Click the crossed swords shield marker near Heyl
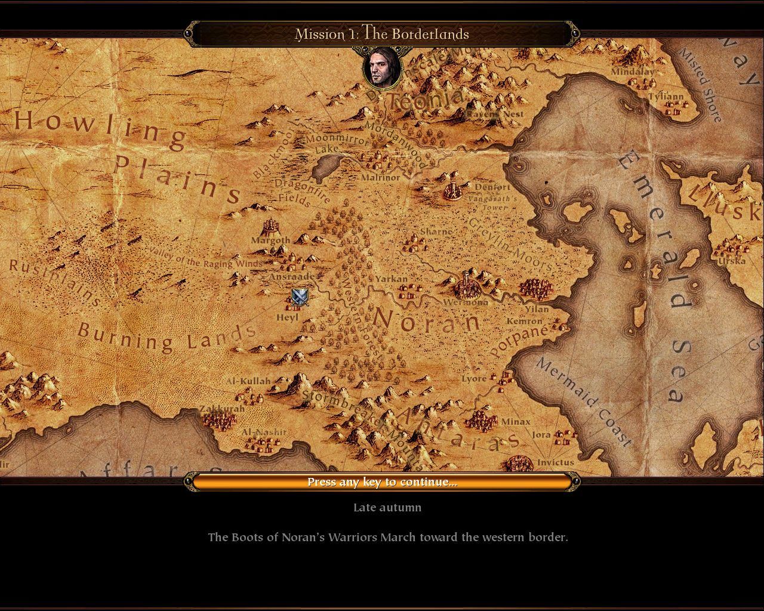pyautogui.click(x=300, y=297)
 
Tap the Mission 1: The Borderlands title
pyautogui.click(x=382, y=34)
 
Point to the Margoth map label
pyautogui.click(x=270, y=240)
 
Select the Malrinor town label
pyautogui.click(x=380, y=177)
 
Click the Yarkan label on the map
pyautogui.click(x=391, y=279)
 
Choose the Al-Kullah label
pyautogui.click(x=248, y=381)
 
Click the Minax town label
pyautogui.click(x=515, y=422)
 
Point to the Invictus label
pyautogui.click(x=555, y=462)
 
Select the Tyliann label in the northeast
pyautogui.click(x=666, y=96)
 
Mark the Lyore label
pyautogui.click(x=474, y=379)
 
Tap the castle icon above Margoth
pyautogui.click(x=272, y=227)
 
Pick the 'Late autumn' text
pyautogui.click(x=387, y=508)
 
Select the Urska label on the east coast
pyautogui.click(x=731, y=261)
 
